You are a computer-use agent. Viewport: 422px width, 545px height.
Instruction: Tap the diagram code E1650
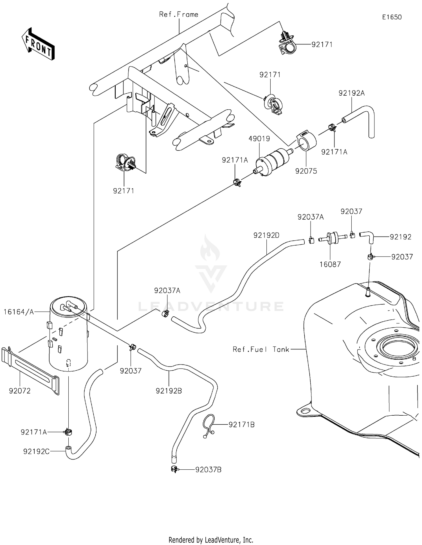[x=392, y=17]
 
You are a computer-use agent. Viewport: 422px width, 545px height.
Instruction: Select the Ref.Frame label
[x=178, y=14]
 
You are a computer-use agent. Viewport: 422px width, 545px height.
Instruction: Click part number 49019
[x=259, y=139]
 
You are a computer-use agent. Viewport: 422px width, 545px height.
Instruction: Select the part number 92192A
[x=351, y=93]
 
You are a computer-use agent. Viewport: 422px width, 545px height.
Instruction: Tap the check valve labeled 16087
[x=332, y=239]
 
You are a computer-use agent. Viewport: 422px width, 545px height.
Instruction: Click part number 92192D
[x=266, y=235]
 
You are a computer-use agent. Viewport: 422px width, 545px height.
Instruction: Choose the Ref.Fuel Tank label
[x=261, y=349]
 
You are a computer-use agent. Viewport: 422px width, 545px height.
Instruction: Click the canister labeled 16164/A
[x=68, y=335]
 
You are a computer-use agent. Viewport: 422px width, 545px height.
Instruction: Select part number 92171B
[x=241, y=425]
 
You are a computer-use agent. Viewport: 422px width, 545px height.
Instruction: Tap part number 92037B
[x=208, y=470]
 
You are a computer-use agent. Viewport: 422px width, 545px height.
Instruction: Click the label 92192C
[x=36, y=451]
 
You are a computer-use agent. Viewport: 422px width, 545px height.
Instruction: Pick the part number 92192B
[x=169, y=391]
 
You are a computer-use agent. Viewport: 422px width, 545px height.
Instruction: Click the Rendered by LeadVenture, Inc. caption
[x=211, y=540]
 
